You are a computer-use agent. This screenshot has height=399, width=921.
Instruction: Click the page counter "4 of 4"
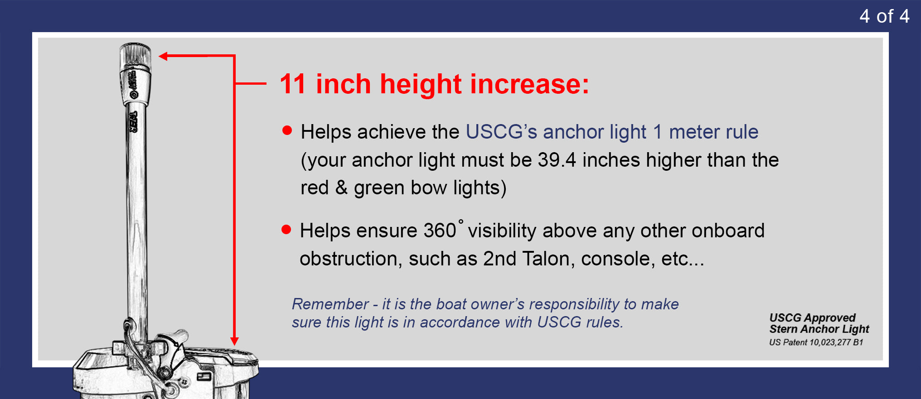pyautogui.click(x=884, y=16)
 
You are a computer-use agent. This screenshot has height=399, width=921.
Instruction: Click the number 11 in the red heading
pyautogui.click(x=293, y=84)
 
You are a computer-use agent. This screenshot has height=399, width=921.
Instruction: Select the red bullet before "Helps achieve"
pyautogui.click(x=287, y=131)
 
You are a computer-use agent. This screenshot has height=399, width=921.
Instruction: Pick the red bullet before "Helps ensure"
pyautogui.click(x=286, y=230)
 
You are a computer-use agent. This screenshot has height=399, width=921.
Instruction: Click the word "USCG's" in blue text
pyautogui.click(x=501, y=132)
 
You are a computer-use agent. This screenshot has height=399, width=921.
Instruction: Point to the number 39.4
pyautogui.click(x=557, y=160)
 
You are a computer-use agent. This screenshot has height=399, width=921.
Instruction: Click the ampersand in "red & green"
pyautogui.click(x=341, y=187)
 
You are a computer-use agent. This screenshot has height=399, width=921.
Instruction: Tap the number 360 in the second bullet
pyautogui.click(x=440, y=231)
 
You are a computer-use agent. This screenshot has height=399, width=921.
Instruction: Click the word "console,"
pyautogui.click(x=618, y=259)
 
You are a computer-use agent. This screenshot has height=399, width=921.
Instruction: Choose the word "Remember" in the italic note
pyautogui.click(x=330, y=304)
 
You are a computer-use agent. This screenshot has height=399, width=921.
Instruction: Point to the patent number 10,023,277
pyautogui.click(x=831, y=342)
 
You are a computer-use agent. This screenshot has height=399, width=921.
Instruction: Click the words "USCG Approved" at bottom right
pyautogui.click(x=813, y=317)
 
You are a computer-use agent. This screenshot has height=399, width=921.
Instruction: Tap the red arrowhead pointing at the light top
pyautogui.click(x=164, y=56)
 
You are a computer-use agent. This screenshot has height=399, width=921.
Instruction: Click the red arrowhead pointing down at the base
pyautogui.click(x=234, y=341)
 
